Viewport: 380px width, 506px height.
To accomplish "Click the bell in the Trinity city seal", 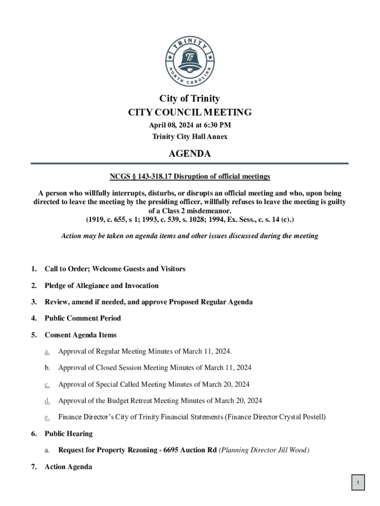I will [x=190, y=59].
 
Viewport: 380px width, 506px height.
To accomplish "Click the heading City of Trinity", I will [x=190, y=99].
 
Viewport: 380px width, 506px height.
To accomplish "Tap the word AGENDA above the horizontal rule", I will [x=190, y=154].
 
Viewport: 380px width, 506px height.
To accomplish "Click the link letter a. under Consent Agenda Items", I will [x=47, y=351].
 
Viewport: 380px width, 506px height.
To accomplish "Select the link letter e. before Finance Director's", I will [x=47, y=417].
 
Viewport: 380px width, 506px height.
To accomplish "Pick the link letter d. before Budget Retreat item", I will [x=47, y=401].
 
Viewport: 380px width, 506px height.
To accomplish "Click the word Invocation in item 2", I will [x=142, y=286].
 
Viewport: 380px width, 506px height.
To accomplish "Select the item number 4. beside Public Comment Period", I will [x=34, y=318].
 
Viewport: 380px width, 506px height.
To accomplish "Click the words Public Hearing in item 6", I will [x=69, y=434].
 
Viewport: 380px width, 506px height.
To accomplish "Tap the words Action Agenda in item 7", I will [x=68, y=466].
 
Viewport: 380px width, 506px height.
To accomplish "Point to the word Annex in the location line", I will [x=217, y=137].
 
